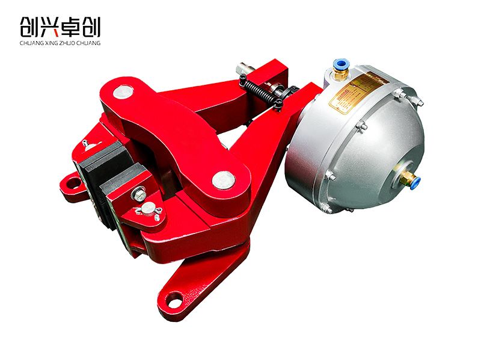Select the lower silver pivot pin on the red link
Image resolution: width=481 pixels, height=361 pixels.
point(224,179)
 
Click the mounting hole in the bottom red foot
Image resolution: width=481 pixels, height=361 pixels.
point(174,299)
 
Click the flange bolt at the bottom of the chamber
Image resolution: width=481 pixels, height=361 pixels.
point(325,207)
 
